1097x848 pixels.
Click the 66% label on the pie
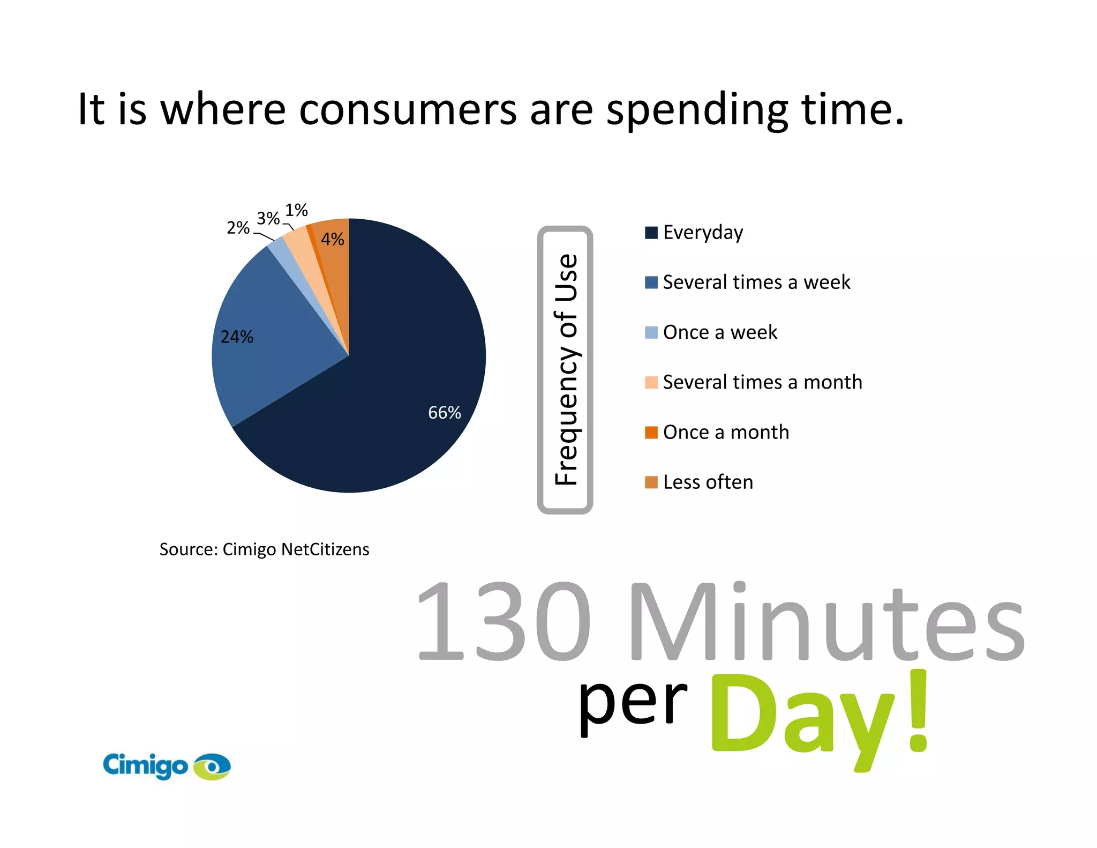(x=444, y=413)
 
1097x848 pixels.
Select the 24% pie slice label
(x=237, y=337)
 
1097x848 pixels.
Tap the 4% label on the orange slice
(x=332, y=239)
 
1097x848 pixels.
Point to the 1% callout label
(x=296, y=210)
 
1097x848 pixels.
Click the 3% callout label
(x=268, y=219)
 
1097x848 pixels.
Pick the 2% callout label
(x=238, y=228)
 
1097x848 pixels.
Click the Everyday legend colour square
(x=651, y=233)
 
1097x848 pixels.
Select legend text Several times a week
(x=756, y=282)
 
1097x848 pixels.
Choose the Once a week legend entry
(x=719, y=332)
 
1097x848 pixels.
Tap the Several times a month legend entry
(x=762, y=382)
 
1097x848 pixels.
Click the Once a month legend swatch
(x=651, y=433)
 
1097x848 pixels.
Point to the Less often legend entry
(x=708, y=482)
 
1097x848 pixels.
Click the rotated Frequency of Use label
(x=566, y=370)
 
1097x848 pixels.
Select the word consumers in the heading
(x=407, y=110)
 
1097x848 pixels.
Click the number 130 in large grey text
(x=504, y=622)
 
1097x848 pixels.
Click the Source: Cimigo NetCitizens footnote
(x=264, y=549)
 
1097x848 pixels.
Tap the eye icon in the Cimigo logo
(x=212, y=767)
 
